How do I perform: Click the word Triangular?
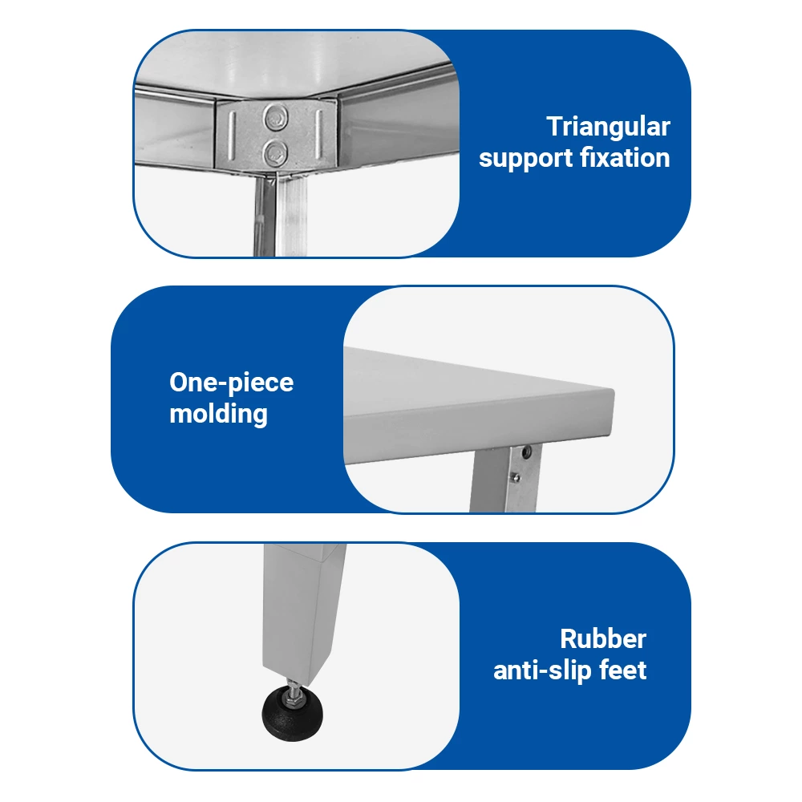tap(608, 127)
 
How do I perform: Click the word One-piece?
tap(231, 383)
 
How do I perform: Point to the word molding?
tap(218, 414)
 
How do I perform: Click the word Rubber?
tap(603, 638)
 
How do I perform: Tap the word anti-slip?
tap(541, 670)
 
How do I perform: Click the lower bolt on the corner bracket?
tap(275, 152)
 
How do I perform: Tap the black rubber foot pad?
tap(293, 713)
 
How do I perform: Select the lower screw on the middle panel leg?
tap(516, 478)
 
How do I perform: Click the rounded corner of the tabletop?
tap(610, 393)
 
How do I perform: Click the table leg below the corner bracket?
tap(280, 214)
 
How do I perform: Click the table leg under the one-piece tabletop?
tap(504, 478)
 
